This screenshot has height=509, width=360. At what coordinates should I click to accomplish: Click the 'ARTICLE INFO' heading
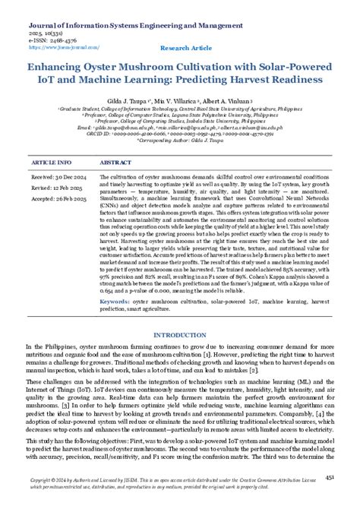(52, 163)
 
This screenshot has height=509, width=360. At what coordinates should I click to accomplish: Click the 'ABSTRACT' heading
(115, 163)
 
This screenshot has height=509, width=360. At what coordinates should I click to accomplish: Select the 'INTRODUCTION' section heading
(179, 335)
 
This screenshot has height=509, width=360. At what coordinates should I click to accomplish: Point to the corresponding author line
(179, 141)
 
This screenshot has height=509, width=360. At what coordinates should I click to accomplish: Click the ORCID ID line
(179, 134)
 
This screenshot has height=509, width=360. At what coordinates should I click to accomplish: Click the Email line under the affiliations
(179, 128)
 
